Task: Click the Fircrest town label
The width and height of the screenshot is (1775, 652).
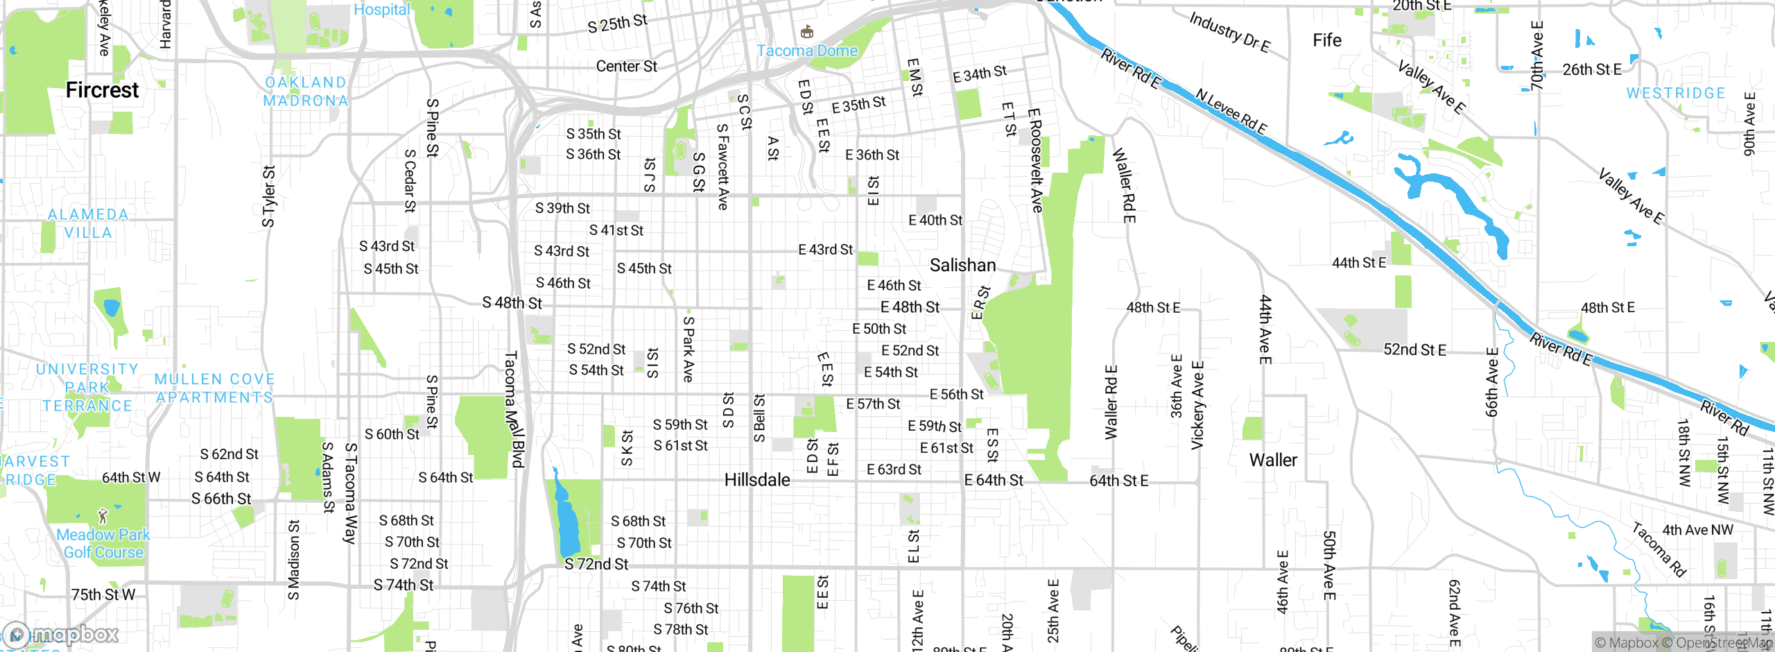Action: pos(102,90)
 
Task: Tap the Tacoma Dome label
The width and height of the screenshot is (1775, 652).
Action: pos(807,51)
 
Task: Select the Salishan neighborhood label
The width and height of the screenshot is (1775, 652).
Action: pos(962,265)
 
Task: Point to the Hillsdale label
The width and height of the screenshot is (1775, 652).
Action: pos(757,480)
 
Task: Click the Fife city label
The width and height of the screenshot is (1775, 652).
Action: pos(1327,40)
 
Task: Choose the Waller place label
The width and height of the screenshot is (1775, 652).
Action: pos(1273,460)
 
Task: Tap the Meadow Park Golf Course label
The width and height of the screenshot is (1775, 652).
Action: pos(103,544)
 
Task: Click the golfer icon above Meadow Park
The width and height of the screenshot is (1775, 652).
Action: pos(103,516)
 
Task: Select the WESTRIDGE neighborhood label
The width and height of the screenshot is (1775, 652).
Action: pos(1676,93)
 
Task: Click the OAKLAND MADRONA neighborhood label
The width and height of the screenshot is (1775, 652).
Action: pos(306,92)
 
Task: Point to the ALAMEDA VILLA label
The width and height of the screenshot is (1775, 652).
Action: pos(88,223)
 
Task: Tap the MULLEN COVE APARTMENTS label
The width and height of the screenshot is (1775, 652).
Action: pos(215,388)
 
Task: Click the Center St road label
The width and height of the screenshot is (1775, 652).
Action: pos(626,67)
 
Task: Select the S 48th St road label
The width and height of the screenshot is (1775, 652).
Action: pos(512,303)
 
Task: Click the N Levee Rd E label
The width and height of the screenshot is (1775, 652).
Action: pos(1231,112)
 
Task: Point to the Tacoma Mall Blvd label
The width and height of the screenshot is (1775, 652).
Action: pos(514,409)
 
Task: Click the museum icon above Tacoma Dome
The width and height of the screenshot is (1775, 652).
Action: pos(807,32)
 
